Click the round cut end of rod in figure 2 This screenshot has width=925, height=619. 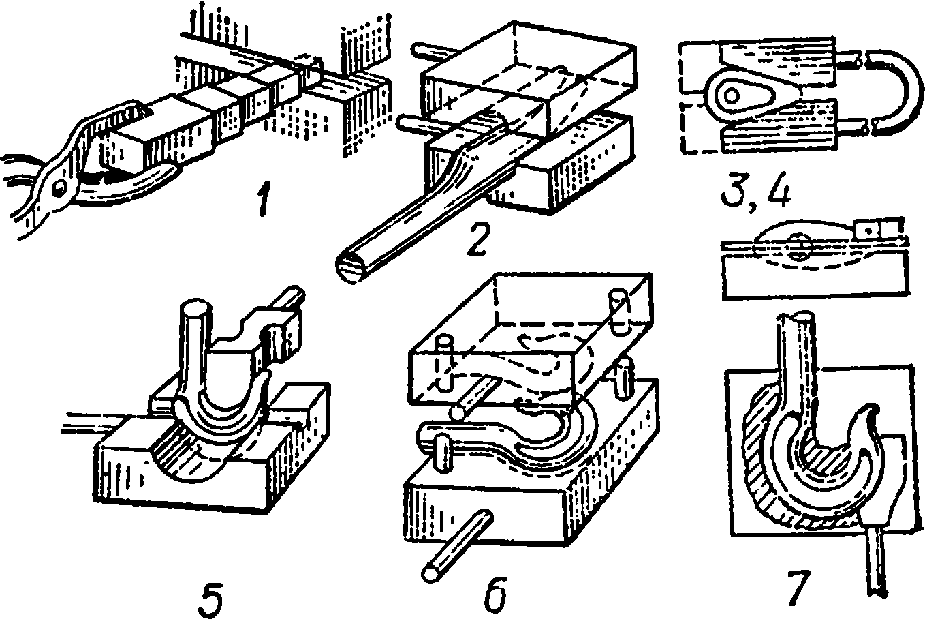(349, 267)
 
